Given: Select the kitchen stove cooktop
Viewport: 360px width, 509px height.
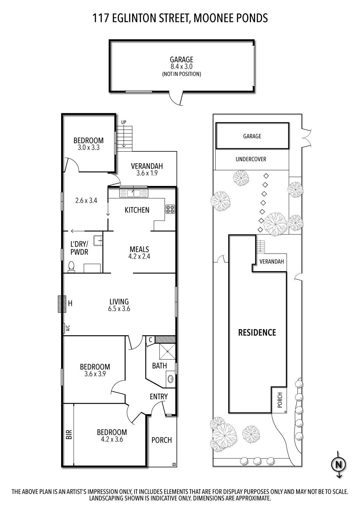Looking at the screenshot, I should [170, 209].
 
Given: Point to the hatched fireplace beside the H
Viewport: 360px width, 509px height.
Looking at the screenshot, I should [61, 304].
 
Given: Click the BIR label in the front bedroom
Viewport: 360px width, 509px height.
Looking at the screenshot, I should [68, 435].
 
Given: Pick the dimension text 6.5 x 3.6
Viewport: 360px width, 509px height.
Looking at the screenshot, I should [119, 309].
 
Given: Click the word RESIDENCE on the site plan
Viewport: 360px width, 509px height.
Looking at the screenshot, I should [257, 332].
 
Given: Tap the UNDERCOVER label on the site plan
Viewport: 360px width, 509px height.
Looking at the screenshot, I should [251, 159].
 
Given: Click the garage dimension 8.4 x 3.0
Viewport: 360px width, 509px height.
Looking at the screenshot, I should [181, 67].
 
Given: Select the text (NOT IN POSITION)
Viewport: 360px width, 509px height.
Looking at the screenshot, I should [181, 74].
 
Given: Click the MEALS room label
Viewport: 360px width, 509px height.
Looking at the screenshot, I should [139, 249].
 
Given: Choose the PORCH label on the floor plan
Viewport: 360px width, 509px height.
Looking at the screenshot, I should [162, 440].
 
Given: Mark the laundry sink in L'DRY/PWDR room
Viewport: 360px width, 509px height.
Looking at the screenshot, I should [98, 240].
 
